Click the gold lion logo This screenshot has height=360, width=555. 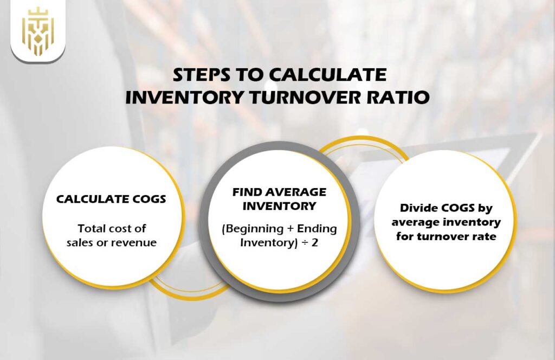click(37, 31)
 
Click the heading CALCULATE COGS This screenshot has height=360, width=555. click(111, 200)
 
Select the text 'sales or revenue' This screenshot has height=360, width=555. click(112, 242)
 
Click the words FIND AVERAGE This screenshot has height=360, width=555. click(279, 192)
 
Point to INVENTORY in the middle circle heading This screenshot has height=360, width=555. click(279, 206)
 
